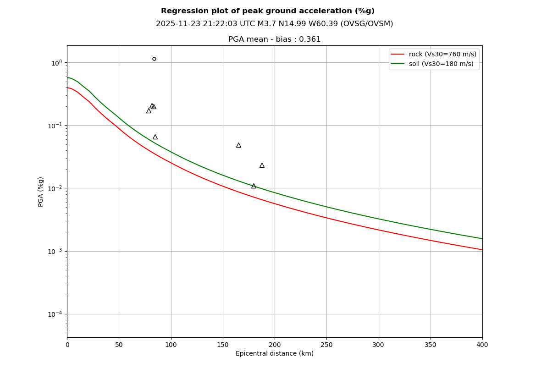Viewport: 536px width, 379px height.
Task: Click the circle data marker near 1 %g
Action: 154,59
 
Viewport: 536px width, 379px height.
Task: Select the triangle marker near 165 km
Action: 238,145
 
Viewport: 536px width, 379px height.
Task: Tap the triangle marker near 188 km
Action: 262,165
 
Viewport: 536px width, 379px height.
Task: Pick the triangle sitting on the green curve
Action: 254,186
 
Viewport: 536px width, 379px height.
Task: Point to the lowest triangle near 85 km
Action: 155,137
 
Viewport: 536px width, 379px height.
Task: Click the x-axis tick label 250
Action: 326,345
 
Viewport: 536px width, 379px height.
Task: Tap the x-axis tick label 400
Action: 482,345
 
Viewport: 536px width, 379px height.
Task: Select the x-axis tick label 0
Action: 67,345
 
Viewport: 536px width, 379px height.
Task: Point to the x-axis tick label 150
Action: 223,345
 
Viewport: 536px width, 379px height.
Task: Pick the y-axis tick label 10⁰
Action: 56,62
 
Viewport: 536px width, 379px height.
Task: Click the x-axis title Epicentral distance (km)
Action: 275,354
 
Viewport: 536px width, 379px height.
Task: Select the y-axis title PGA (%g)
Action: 41,192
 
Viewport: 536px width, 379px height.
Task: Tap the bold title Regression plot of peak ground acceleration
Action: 267,11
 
